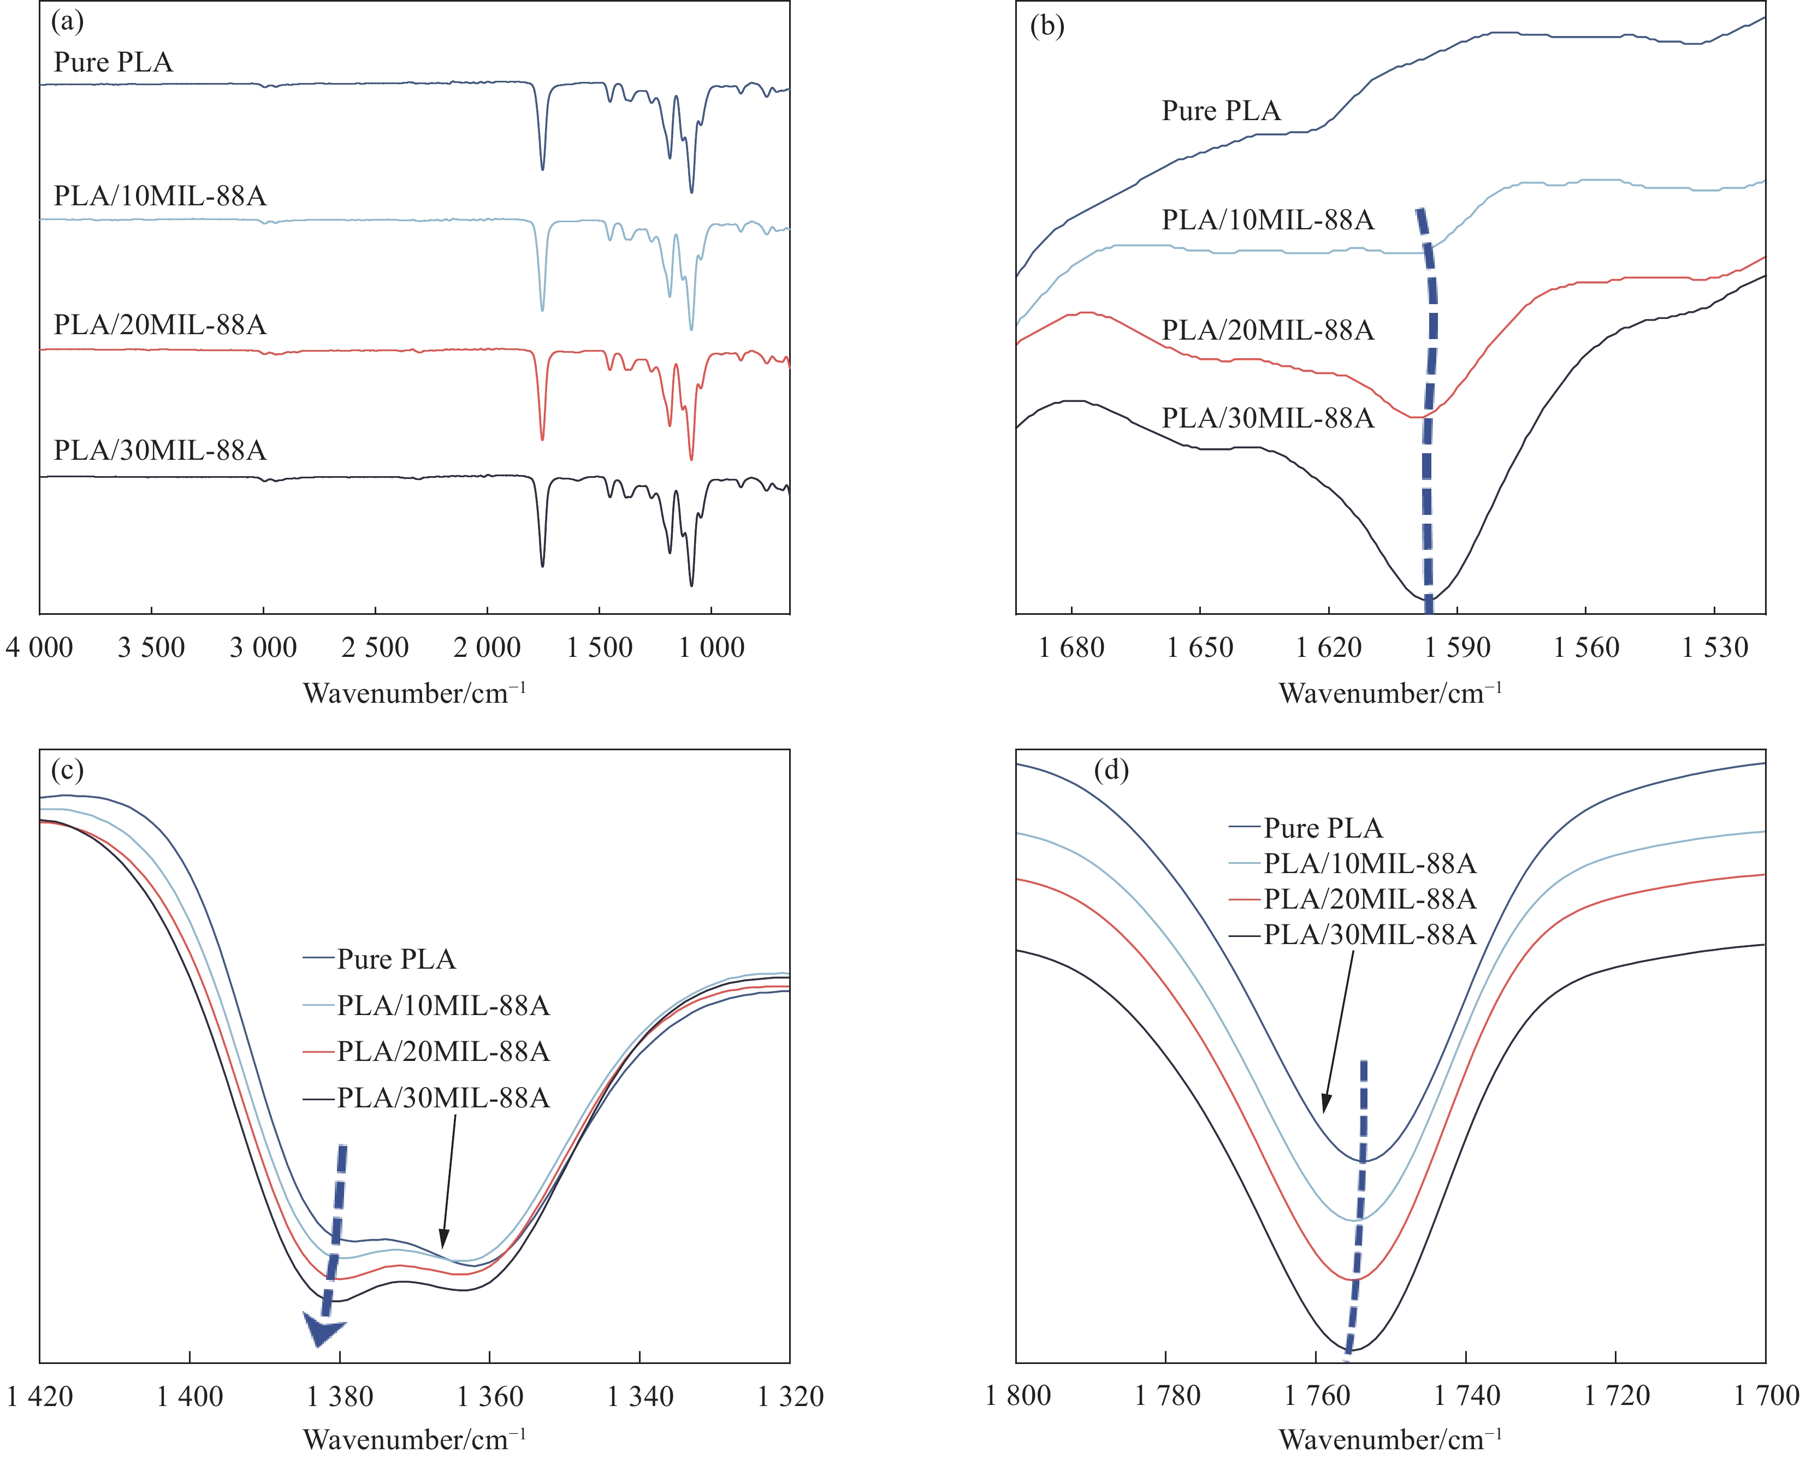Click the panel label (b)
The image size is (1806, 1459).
(1047, 26)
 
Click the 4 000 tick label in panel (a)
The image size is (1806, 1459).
(39, 647)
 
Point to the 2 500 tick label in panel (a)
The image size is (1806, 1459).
(375, 647)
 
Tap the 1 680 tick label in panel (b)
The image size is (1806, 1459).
(1071, 647)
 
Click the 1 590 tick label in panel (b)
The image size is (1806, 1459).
(1457, 647)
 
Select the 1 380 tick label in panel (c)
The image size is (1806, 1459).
(340, 1396)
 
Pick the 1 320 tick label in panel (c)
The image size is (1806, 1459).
(790, 1396)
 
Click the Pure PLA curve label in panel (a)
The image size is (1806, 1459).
(114, 62)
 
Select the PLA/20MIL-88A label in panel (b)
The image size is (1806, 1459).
(1268, 330)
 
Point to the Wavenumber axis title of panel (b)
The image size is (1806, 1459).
(1390, 693)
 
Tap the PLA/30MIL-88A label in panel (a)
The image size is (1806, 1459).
(159, 450)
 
